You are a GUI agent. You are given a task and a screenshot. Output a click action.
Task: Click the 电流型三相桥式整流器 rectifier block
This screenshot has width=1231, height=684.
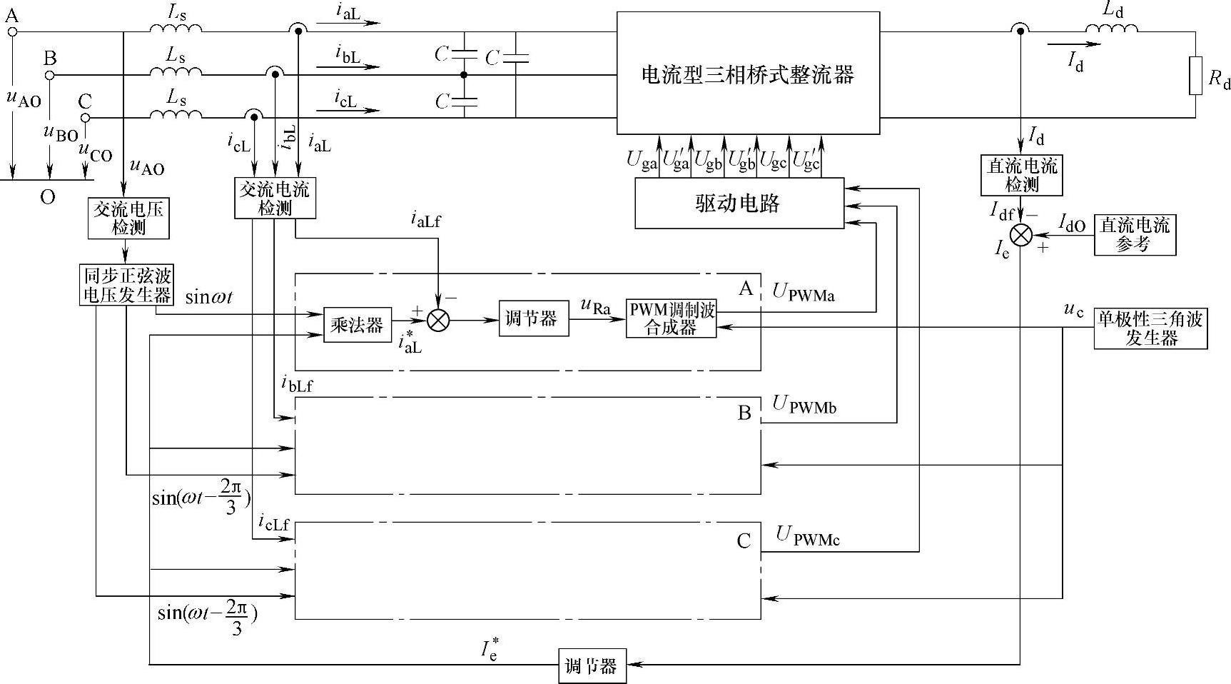(x=748, y=73)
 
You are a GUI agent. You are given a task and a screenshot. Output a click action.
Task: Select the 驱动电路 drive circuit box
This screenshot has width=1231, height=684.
(x=739, y=203)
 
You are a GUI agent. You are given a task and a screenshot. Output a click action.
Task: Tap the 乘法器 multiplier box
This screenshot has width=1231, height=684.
(x=358, y=325)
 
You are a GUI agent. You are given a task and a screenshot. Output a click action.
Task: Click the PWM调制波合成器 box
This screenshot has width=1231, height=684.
(x=672, y=318)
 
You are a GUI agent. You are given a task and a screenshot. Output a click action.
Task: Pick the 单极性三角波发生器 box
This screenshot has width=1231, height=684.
(x=1150, y=329)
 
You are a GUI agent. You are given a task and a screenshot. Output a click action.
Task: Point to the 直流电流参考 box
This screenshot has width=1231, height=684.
(x=1135, y=235)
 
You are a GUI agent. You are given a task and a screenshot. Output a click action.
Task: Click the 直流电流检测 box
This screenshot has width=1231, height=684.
(x=1022, y=176)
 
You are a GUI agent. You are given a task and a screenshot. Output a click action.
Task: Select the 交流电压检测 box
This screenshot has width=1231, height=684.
(x=128, y=218)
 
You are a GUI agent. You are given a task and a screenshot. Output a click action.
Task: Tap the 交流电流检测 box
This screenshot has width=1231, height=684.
(x=275, y=198)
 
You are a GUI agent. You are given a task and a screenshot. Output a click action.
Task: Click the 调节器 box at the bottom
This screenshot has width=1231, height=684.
(x=592, y=666)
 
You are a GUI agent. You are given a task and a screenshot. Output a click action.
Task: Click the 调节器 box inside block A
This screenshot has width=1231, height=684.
(x=533, y=319)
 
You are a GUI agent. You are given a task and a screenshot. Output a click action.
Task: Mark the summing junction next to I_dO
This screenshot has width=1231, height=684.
(x=1022, y=235)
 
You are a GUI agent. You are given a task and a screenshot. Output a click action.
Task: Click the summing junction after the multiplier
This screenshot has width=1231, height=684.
(x=438, y=321)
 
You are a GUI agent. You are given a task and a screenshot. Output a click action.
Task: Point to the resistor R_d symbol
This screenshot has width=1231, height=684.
(x=1196, y=76)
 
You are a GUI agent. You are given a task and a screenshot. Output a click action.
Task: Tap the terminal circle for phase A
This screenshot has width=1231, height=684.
(x=12, y=31)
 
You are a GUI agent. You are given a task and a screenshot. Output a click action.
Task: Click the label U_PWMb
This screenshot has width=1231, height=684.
(x=805, y=405)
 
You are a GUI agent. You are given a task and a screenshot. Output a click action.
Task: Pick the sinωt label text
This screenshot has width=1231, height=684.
(x=208, y=297)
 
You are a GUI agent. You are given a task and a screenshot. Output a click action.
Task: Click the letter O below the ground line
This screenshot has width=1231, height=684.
(x=48, y=197)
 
